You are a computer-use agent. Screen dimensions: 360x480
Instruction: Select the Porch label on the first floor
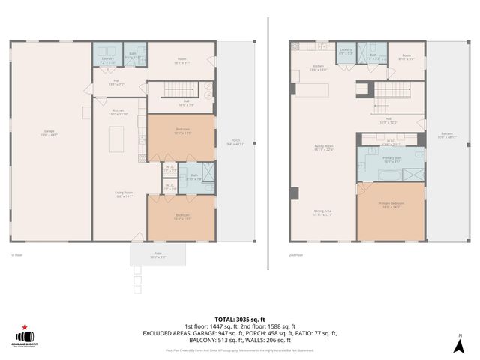pos(235,142)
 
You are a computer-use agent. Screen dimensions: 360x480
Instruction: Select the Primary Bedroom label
pos(391,205)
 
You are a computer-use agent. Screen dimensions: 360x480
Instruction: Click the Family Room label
pos(323,147)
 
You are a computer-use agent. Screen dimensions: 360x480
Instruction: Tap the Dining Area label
pos(323,212)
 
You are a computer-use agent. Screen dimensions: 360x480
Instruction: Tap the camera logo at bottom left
pos(26,336)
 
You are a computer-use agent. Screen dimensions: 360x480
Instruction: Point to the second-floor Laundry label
pos(346,52)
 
